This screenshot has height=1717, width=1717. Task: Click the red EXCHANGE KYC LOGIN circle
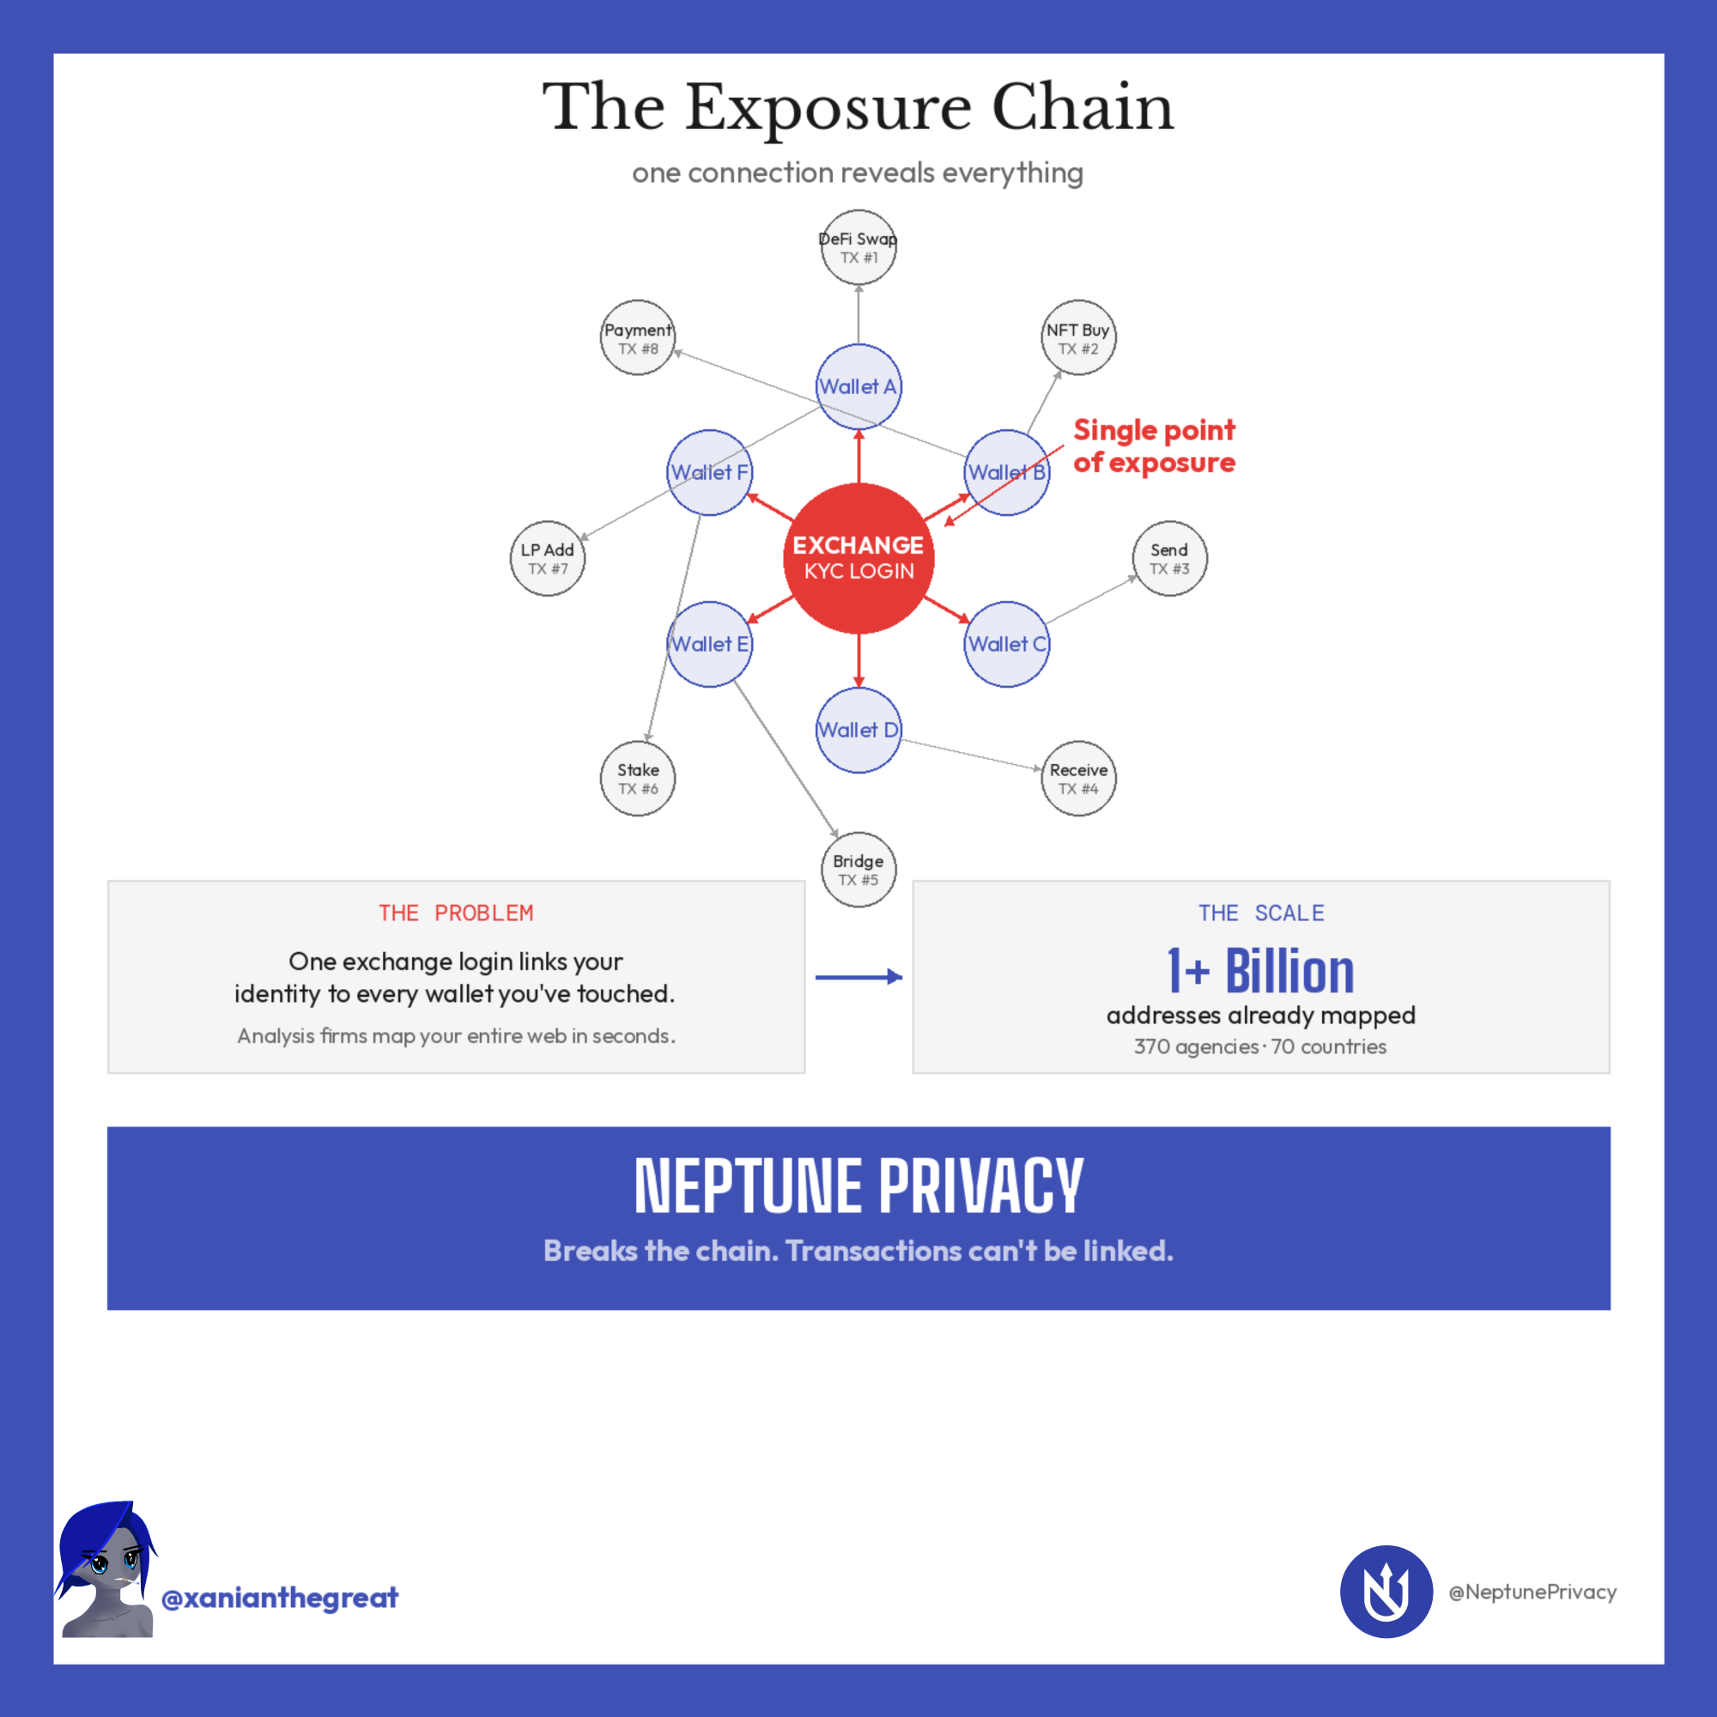coord(858,558)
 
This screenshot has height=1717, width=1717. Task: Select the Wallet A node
coord(858,386)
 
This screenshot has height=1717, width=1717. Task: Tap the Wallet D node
coord(858,730)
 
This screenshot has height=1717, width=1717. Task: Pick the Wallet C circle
coord(1007,645)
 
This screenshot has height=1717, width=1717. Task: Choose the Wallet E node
coord(709,645)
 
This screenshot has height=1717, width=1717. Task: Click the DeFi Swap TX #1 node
coord(858,247)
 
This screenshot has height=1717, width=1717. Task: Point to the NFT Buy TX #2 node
coord(1078,337)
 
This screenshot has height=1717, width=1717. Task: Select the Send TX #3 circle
coord(1169,558)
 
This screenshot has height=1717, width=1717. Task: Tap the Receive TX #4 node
coord(1078,779)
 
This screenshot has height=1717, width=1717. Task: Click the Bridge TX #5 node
coord(858,869)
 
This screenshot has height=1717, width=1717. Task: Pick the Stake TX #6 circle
coord(638,779)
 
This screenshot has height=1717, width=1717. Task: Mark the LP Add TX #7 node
coord(548,558)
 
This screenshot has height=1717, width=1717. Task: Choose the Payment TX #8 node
coord(638,337)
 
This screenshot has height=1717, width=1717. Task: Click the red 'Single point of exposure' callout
coord(1154,446)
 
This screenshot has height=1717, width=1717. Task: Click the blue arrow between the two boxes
coord(858,978)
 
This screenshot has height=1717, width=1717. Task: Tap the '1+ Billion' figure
coord(1260,970)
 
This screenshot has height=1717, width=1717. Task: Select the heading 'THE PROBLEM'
coord(456,913)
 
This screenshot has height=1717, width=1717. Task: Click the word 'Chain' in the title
coord(1083,107)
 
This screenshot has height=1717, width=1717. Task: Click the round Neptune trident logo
coord(1386,1592)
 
